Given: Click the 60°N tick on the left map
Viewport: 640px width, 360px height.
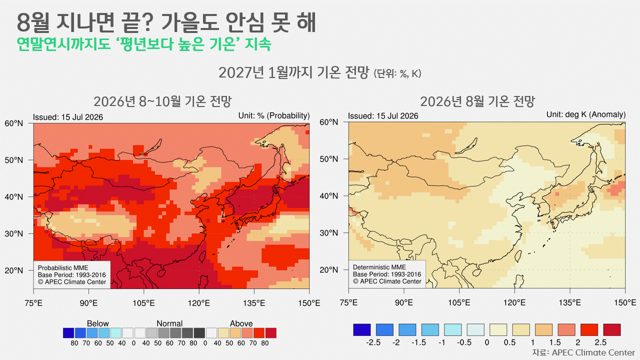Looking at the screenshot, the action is click(13, 123).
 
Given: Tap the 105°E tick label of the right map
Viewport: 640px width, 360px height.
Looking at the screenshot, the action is click(459, 302).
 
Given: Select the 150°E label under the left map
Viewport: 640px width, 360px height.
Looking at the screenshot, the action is click(309, 303).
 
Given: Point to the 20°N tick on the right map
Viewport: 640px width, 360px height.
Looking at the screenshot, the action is click(329, 269).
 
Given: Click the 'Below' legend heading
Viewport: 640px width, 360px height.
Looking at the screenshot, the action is click(97, 323).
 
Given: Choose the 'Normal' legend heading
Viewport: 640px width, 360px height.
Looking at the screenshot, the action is click(169, 323).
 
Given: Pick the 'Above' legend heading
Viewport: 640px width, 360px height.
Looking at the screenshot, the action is click(241, 323).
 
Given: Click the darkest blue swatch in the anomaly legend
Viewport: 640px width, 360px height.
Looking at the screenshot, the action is click(361, 329).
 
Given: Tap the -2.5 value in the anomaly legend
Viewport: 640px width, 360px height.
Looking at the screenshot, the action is click(373, 342).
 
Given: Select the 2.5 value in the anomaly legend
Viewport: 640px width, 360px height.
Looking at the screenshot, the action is click(600, 342).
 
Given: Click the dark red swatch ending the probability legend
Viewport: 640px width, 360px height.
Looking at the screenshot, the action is click(271, 333).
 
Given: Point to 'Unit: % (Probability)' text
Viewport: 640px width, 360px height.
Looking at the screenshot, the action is click(274, 115).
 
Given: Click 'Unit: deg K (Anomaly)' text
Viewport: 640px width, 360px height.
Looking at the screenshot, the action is click(586, 114).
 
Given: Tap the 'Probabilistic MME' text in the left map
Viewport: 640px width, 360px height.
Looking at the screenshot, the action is click(63, 267).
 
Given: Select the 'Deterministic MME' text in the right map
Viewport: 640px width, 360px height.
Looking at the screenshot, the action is click(379, 267).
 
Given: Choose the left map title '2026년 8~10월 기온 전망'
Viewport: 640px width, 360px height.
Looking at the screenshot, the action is click(162, 101).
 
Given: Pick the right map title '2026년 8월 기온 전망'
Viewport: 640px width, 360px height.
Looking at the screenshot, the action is click(477, 101).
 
